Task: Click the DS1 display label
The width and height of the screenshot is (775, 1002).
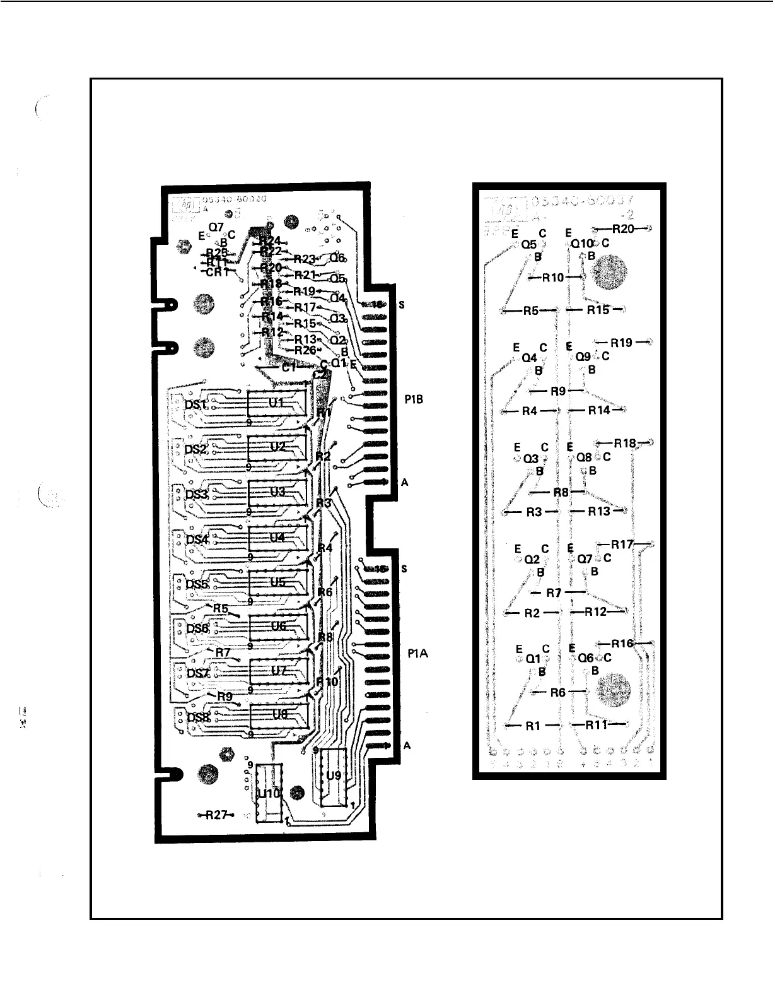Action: pos(196,404)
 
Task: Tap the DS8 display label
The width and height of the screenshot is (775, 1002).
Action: pos(199,717)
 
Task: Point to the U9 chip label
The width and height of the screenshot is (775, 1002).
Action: pos(334,775)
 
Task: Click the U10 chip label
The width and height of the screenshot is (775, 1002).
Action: pos(269,794)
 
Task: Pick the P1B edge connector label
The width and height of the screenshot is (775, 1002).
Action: pos(414,399)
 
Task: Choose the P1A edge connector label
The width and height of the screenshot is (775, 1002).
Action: pos(417,654)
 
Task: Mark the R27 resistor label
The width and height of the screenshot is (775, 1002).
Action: pos(216,815)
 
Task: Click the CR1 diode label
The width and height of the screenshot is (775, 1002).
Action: pos(218,272)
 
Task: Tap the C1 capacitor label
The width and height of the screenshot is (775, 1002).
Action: pos(289,368)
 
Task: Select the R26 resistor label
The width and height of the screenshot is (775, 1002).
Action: pos(305,350)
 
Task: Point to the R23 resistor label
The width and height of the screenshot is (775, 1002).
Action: pos(305,259)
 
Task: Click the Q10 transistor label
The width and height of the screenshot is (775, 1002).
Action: pos(581,243)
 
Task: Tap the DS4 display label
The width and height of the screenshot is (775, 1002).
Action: pos(197,539)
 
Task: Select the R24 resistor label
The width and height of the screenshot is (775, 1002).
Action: pos(270,240)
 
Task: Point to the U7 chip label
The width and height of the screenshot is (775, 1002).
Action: pos(278,671)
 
